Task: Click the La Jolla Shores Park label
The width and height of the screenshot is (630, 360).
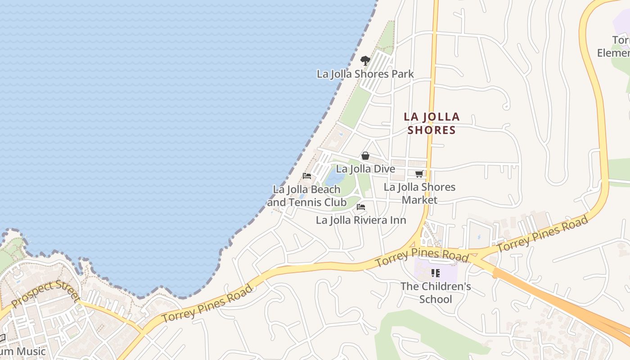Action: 365,74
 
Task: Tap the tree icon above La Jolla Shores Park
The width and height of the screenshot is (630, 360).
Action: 365,60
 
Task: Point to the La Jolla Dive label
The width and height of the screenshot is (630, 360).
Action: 365,169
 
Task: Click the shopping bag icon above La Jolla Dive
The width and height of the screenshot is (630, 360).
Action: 365,156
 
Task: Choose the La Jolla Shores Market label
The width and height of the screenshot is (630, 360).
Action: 419,193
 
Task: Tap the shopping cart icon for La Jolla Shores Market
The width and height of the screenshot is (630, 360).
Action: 419,174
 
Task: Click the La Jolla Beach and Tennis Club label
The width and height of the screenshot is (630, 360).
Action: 307,196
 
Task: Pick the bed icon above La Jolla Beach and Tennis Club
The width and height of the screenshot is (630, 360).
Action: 307,175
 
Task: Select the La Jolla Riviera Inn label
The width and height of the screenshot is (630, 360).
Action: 361,220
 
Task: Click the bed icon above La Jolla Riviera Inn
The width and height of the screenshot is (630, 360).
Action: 360,207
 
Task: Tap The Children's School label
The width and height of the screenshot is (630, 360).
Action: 435,292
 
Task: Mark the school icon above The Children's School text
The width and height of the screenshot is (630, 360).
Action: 435,273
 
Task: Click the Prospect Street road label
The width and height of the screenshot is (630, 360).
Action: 45,293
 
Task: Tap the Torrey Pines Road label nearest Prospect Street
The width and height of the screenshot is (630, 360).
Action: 207,304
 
